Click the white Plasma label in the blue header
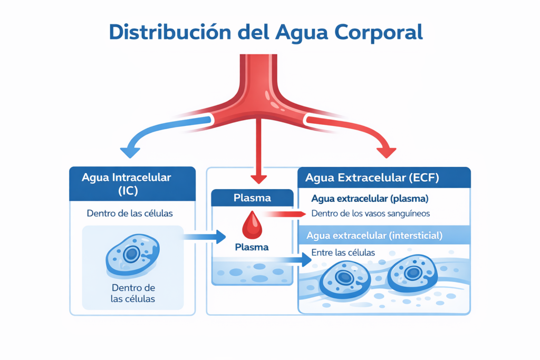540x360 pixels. coord(252,198)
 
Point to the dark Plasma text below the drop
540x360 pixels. coord(252,247)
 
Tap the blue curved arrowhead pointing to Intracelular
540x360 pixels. coord(130,152)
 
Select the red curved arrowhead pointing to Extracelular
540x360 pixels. coord(387,152)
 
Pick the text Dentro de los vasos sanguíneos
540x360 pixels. coord(371,213)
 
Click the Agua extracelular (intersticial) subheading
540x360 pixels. coord(374,235)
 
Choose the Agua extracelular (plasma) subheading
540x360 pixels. coord(370,199)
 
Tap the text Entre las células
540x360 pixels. coord(343,252)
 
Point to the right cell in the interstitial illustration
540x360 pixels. coord(412,272)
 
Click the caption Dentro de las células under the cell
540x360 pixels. coord(133,293)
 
